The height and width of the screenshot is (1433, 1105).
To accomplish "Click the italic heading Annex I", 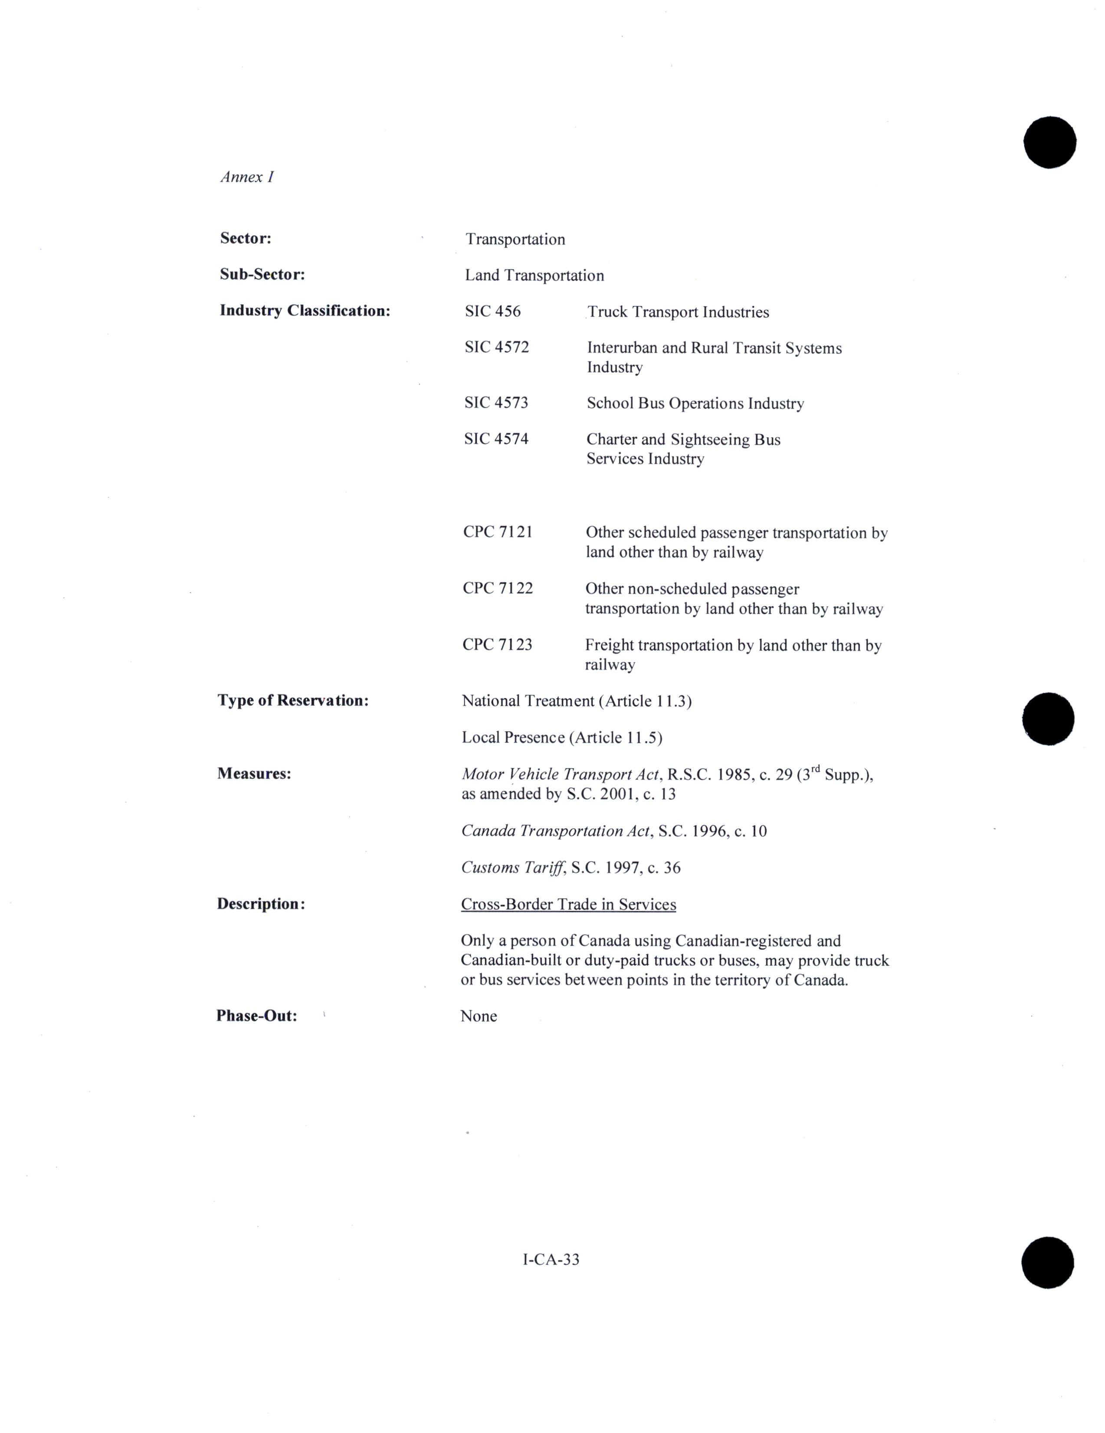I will click(x=247, y=177).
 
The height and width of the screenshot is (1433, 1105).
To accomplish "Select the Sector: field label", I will click(x=246, y=238).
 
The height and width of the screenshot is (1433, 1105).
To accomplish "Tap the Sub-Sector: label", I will click(x=262, y=274).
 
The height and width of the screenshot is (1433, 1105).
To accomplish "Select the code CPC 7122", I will click(x=497, y=588).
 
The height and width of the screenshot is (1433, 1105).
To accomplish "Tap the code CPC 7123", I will click(x=497, y=644).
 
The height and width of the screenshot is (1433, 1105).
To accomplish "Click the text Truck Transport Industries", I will click(x=678, y=312).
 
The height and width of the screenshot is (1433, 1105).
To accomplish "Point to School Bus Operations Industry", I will click(x=695, y=403).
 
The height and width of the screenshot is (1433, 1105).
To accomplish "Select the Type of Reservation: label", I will click(x=293, y=701).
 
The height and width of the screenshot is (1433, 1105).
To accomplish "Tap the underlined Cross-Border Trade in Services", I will click(x=568, y=904).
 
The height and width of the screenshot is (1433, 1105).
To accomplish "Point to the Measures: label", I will click(x=254, y=774).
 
